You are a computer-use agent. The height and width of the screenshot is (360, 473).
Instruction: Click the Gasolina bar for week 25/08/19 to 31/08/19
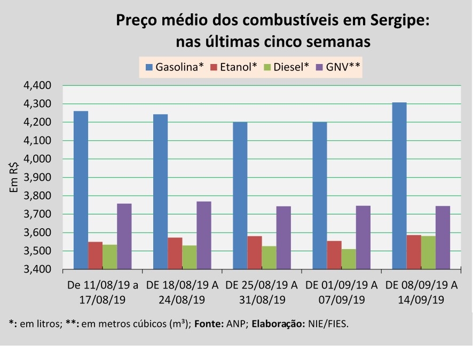(x=240, y=195)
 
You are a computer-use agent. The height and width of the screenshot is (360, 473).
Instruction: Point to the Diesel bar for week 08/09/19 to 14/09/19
(x=428, y=252)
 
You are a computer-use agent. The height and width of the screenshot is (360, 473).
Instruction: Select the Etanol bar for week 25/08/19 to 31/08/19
(x=255, y=252)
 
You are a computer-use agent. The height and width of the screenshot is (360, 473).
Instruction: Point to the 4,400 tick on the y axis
(x=38, y=85)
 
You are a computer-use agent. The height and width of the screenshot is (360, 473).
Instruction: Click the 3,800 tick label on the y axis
(x=38, y=196)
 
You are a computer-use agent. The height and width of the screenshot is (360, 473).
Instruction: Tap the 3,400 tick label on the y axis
(x=38, y=269)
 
